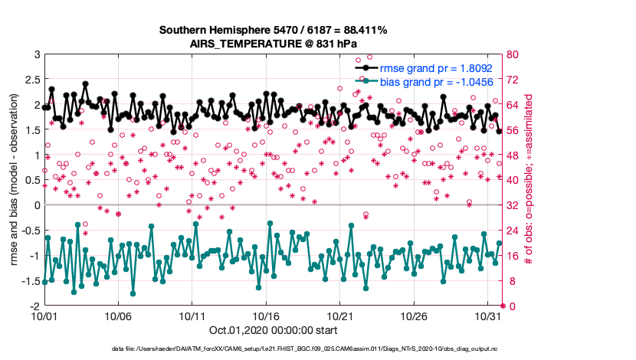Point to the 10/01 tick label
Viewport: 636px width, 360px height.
tap(44, 316)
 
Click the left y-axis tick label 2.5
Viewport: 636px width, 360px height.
tap(30, 80)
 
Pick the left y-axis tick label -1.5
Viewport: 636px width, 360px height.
tap(28, 281)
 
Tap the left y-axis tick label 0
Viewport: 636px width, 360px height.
tap(35, 205)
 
